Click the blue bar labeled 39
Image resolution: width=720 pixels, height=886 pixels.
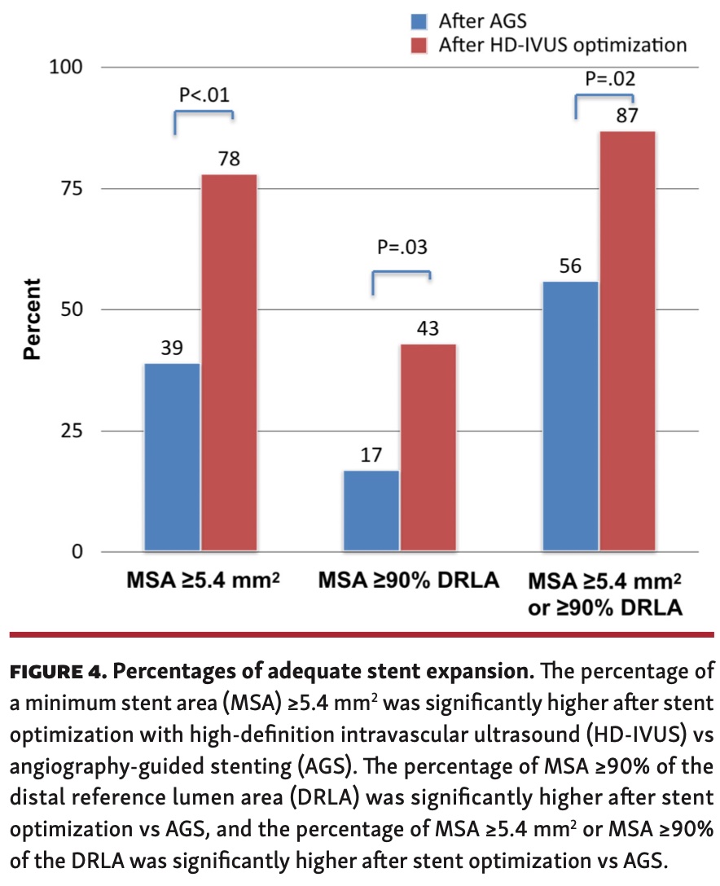172,458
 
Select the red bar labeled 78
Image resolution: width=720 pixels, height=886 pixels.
229,363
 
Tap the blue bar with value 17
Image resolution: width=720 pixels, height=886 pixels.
371,511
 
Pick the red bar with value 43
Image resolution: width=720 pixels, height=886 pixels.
428,448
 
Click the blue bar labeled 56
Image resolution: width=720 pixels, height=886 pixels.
570,417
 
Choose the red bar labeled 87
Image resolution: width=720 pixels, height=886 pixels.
627,342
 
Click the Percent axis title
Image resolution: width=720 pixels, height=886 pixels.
32,319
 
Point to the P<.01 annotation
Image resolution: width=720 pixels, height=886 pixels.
204,95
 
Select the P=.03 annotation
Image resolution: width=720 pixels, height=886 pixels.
400,248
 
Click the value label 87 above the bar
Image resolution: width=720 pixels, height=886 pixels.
627,114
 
